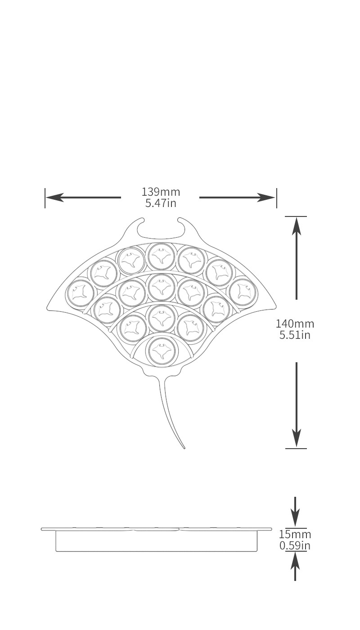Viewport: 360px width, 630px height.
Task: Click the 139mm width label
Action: (x=161, y=192)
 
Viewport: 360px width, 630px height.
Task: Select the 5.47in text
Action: (x=161, y=203)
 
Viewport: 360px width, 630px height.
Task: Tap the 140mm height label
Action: (x=295, y=324)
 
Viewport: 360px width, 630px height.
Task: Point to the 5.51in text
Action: (x=295, y=335)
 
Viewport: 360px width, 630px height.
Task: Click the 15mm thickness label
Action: (x=295, y=535)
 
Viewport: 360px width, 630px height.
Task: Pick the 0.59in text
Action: (x=295, y=546)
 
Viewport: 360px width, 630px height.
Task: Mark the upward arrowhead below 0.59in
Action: (x=295, y=560)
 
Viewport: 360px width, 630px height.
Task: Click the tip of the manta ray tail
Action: (x=184, y=448)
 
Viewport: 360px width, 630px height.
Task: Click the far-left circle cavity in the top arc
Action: (x=81, y=292)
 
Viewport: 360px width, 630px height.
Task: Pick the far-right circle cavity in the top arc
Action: (x=243, y=292)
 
